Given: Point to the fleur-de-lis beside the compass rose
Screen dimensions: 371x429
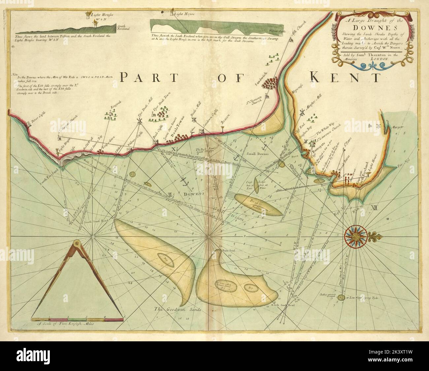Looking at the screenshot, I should [x=377, y=236].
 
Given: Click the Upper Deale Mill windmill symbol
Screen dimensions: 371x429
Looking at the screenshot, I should [x=140, y=121].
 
